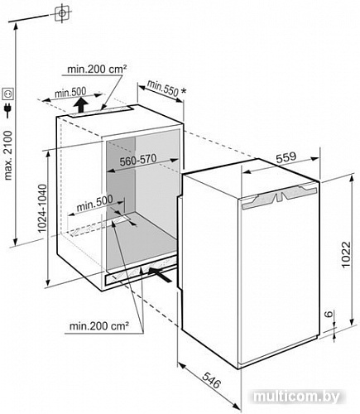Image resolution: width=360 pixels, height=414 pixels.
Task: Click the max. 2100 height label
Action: (8, 156)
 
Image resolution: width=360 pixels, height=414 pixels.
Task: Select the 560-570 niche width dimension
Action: (138, 160)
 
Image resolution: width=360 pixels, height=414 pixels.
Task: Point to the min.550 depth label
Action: (163, 88)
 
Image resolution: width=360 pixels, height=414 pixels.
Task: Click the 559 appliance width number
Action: (286, 157)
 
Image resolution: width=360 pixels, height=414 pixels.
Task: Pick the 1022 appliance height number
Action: (345, 254)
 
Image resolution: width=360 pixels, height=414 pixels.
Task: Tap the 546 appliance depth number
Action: (212, 380)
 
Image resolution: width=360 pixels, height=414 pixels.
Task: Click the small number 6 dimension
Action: (328, 314)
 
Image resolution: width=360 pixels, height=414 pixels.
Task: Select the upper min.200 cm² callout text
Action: (97, 69)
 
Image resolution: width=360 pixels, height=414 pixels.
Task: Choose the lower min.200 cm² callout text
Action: (99, 326)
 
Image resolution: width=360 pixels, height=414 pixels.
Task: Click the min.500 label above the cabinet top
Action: (70, 92)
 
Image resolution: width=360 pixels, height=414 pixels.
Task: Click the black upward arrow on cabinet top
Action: (81, 105)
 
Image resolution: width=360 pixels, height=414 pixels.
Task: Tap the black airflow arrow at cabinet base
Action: (161, 274)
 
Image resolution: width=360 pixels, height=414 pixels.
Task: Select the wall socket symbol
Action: (7, 94)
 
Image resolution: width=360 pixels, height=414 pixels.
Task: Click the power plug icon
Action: (8, 110)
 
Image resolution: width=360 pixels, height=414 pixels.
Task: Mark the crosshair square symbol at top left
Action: (62, 13)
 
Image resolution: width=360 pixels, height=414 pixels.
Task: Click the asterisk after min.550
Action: (184, 92)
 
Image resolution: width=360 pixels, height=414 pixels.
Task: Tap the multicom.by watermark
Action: (296, 397)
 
